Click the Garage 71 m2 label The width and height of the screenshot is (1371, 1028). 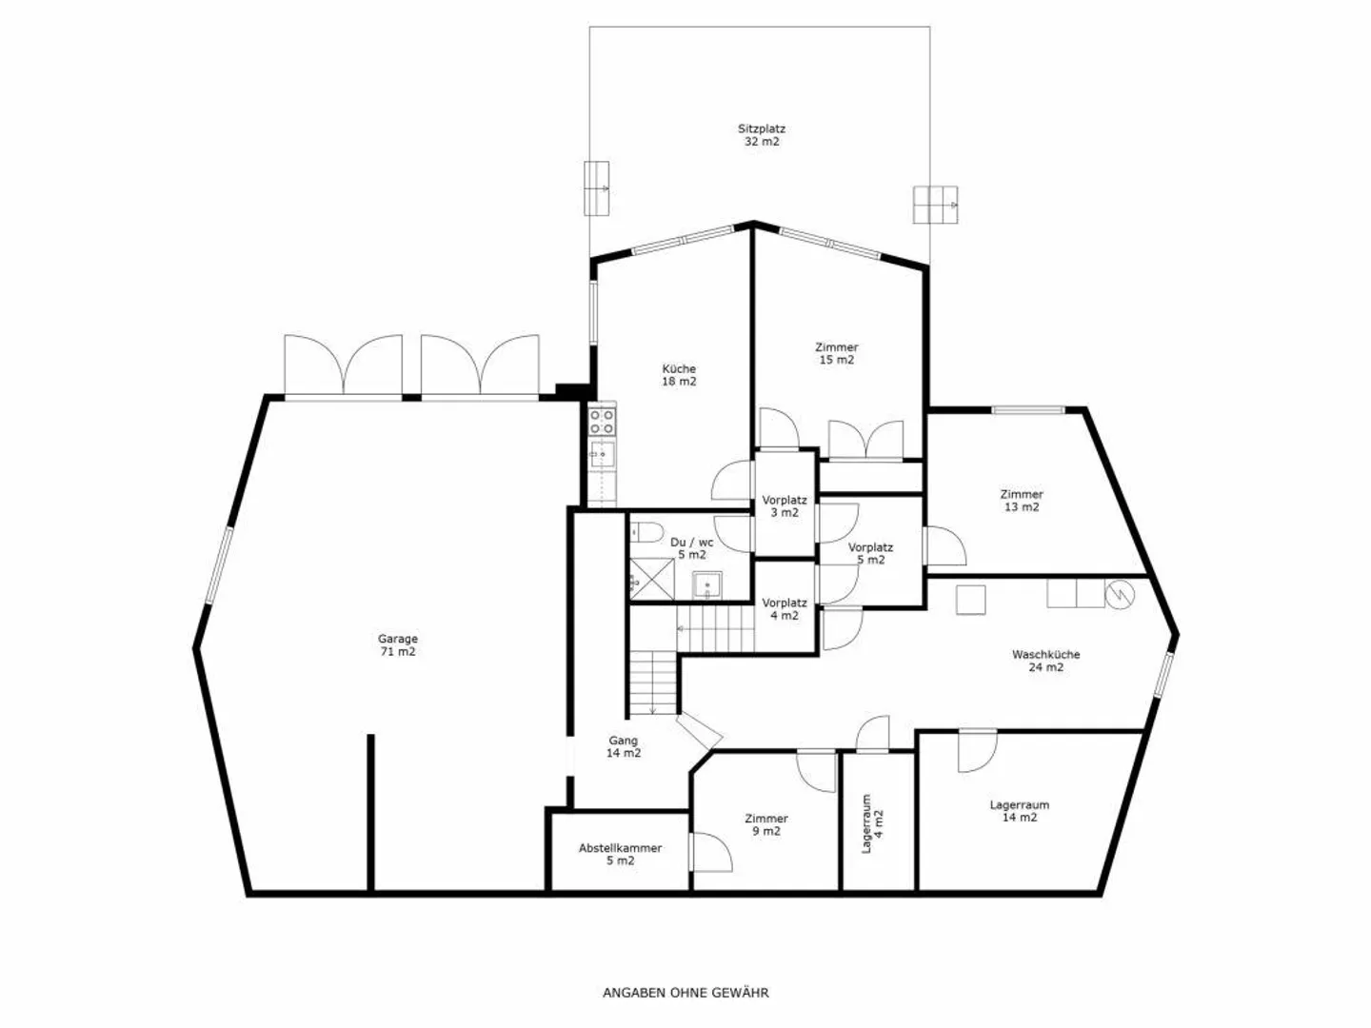pyautogui.click(x=397, y=645)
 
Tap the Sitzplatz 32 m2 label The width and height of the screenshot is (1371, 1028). pyautogui.click(x=762, y=135)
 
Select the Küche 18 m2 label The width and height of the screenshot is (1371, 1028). pyautogui.click(x=679, y=375)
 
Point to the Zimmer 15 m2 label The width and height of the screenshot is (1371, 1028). pyautogui.click(x=836, y=353)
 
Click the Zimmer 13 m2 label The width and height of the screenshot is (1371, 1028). pyautogui.click(x=1022, y=501)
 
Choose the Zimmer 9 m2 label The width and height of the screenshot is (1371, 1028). pyautogui.click(x=766, y=824)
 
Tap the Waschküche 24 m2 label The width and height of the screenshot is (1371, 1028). pyautogui.click(x=1045, y=661)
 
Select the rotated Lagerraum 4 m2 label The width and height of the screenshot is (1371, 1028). pyautogui.click(x=872, y=824)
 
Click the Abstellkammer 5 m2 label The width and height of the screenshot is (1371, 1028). pyautogui.click(x=620, y=854)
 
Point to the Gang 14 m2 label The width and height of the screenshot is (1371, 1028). pyautogui.click(x=624, y=746)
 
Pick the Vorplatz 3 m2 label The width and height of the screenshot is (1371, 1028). pyautogui.click(x=785, y=506)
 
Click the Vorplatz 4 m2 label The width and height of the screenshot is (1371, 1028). pyautogui.click(x=785, y=609)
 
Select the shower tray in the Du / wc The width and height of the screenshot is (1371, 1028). pyautogui.click(x=652, y=578)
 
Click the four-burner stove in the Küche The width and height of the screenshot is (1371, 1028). pyautogui.click(x=602, y=420)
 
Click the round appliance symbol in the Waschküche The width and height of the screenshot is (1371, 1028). pyautogui.click(x=1121, y=594)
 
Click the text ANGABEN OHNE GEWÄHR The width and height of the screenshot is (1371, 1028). pyautogui.click(x=685, y=993)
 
